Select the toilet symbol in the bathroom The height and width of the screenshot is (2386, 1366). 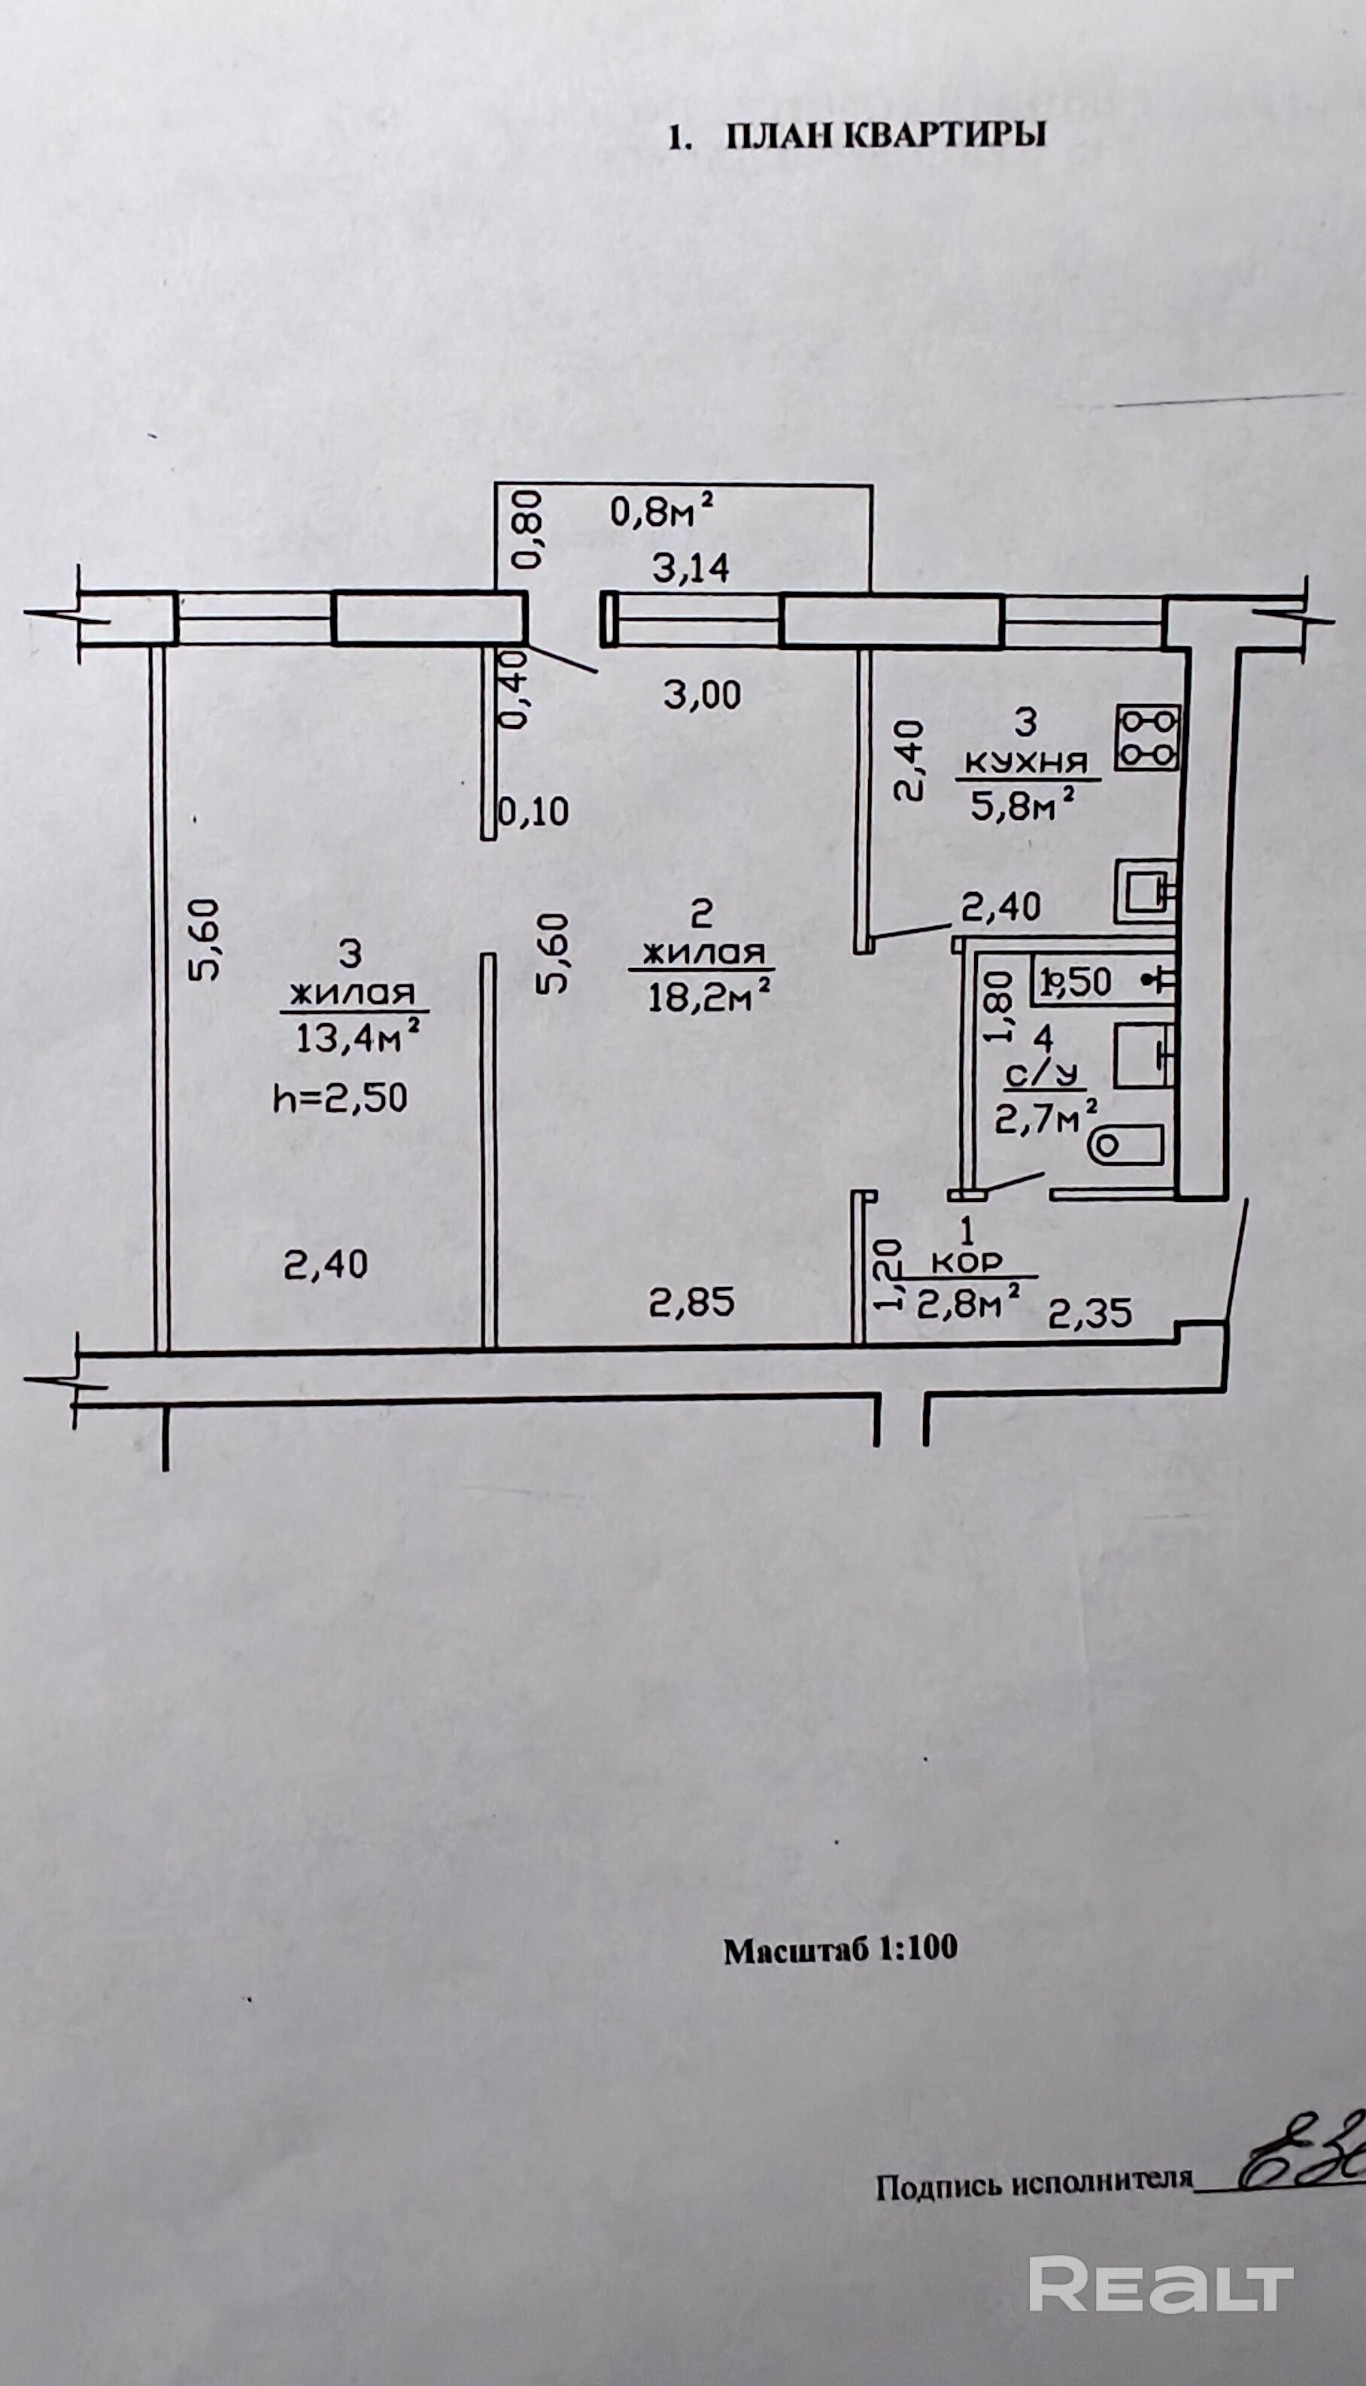pos(1126,1145)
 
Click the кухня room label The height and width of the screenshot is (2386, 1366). pos(1025,763)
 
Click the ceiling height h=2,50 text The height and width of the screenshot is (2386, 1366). pos(341,1097)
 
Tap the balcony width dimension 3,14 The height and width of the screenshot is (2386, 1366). pos(691,569)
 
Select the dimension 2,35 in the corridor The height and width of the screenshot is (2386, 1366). pos(1090,1313)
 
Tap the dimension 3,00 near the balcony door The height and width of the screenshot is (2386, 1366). pos(702,695)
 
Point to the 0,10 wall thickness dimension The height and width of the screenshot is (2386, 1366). pos(533,812)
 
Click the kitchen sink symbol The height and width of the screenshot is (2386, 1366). pos(1145,892)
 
